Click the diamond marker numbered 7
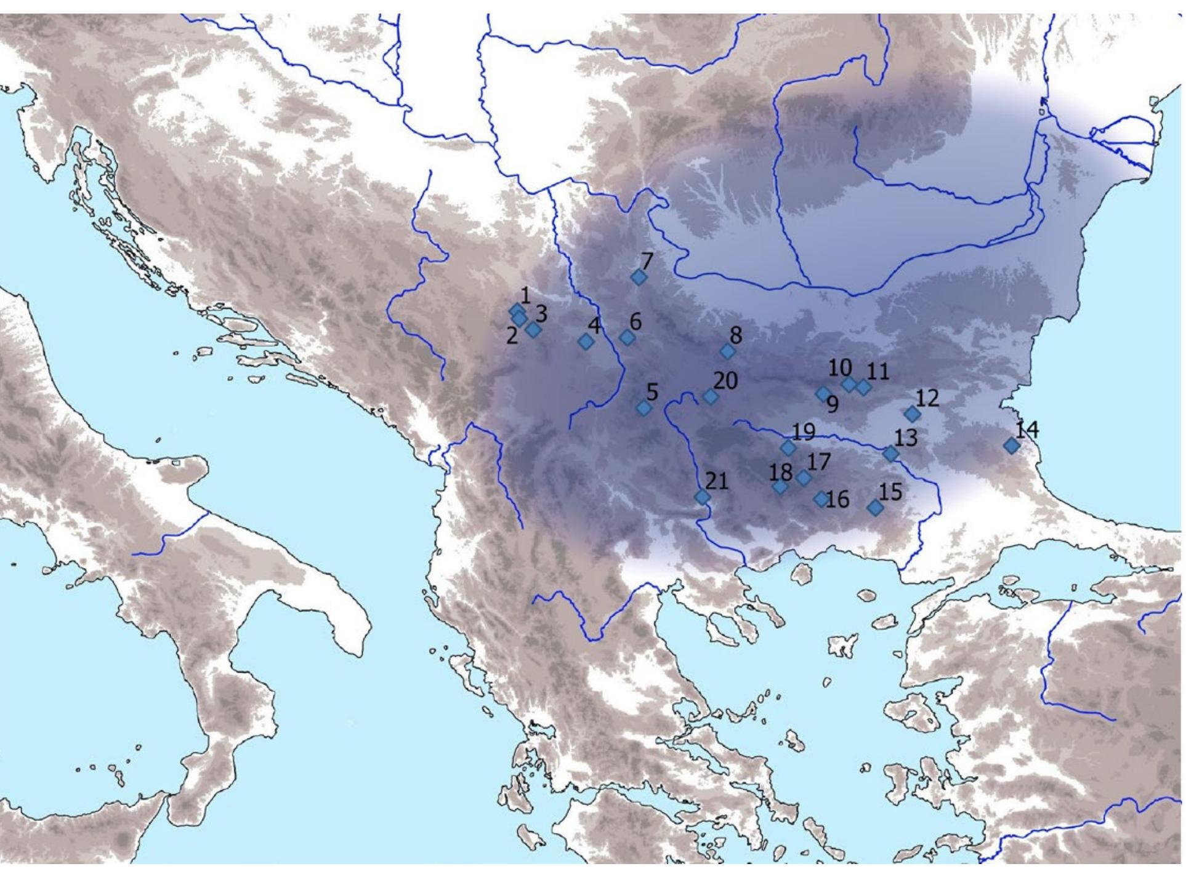point(639,278)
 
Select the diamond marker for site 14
point(1011,446)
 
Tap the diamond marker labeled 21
point(702,497)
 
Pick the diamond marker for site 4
point(586,342)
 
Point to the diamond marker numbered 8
point(728,351)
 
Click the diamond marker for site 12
point(912,414)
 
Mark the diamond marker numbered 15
point(875,508)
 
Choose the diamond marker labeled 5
point(643,408)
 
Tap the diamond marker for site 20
point(711,397)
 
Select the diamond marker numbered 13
point(890,454)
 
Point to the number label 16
point(838,500)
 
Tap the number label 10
point(840,368)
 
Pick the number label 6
point(635,321)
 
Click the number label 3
point(541,314)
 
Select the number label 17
point(820,462)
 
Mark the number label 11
point(878,372)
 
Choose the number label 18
point(781,472)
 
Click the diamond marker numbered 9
point(823,393)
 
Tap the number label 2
point(512,336)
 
